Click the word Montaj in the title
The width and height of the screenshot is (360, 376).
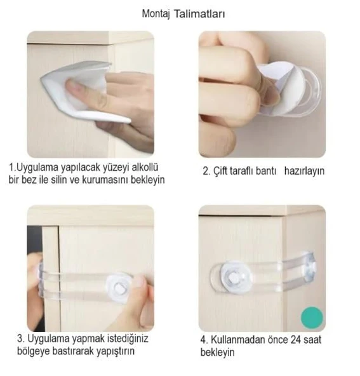tap(156, 14)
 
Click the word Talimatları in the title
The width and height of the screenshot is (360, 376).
tap(199, 14)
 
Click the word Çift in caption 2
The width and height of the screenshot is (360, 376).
tap(220, 171)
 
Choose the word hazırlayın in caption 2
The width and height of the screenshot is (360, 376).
tap(304, 171)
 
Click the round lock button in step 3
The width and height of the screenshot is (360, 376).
tap(118, 288)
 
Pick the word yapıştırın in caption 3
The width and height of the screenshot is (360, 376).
tap(116, 351)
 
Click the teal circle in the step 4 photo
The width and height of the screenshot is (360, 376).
tap(312, 318)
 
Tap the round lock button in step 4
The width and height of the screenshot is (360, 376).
tap(235, 278)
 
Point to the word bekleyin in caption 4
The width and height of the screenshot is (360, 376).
tap(217, 352)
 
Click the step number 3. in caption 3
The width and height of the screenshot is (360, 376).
tap(22, 339)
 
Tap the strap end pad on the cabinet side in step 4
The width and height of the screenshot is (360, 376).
tap(308, 267)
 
